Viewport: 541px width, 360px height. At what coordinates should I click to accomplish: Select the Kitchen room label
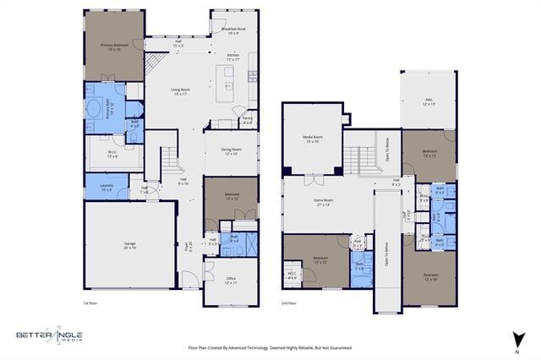[233, 57]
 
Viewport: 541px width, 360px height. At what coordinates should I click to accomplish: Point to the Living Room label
[178, 91]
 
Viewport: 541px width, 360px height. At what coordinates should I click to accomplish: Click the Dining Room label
[230, 152]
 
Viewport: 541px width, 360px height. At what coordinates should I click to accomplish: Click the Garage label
[130, 246]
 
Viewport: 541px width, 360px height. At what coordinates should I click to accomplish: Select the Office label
[231, 281]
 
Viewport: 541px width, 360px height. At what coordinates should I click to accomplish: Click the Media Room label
[313, 139]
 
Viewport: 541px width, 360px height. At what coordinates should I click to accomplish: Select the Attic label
[429, 101]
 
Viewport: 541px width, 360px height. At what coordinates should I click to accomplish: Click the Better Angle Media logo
[49, 335]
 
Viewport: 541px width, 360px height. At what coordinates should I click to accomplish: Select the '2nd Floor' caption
[289, 303]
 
